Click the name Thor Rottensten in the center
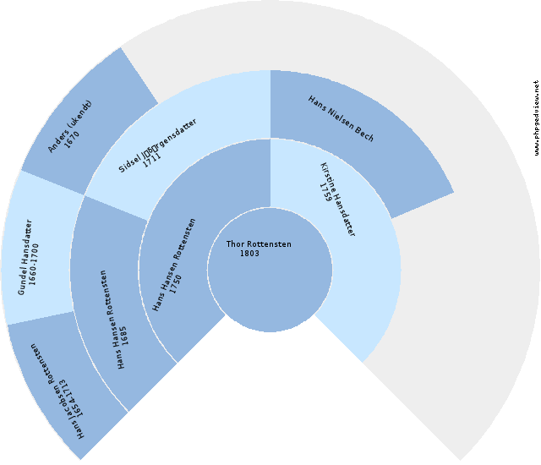(259, 244)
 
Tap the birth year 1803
(249, 254)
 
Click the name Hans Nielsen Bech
(342, 118)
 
